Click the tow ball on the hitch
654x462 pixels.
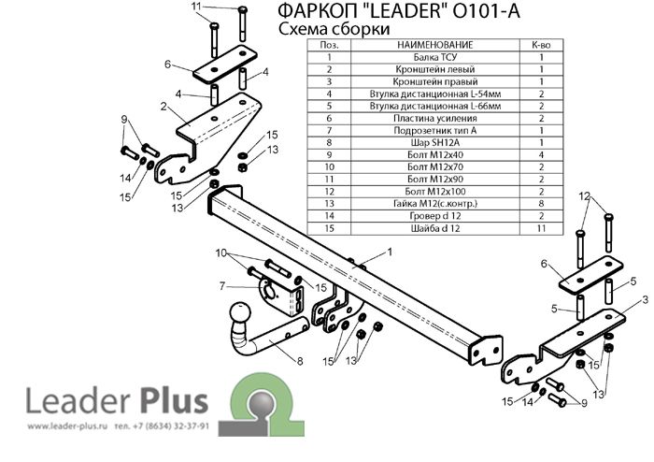point(240,315)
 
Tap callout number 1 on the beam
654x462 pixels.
point(389,252)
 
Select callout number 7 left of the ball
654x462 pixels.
point(223,285)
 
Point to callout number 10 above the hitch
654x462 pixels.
point(221,253)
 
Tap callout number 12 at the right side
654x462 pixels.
point(584,196)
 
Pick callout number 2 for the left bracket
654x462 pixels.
point(163,107)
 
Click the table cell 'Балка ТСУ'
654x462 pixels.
point(435,57)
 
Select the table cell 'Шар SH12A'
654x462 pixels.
point(435,142)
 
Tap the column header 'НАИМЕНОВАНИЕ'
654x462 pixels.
point(435,45)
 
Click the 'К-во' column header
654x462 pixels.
point(541,45)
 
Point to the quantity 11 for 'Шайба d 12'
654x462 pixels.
point(541,227)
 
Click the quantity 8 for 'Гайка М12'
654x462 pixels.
point(541,203)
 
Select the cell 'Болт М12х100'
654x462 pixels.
point(435,191)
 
